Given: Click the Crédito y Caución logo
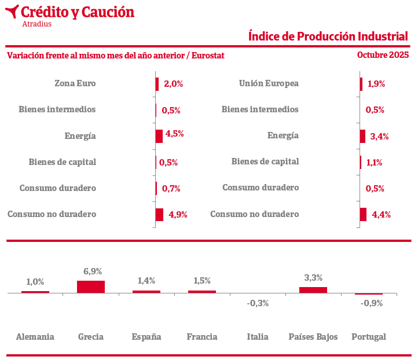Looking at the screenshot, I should [x=69, y=13].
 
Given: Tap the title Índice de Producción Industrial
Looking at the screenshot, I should [x=328, y=36].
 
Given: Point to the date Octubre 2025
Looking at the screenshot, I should [x=383, y=55].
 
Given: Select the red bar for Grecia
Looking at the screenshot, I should [x=91, y=286].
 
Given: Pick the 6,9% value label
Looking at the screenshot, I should [x=93, y=271].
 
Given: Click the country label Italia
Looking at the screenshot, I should [x=258, y=337].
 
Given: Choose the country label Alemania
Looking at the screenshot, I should [x=35, y=337].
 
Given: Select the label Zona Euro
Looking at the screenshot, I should [x=75, y=83].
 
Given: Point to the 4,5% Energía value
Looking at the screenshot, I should [x=175, y=134].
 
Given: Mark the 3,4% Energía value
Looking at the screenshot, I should [x=379, y=137].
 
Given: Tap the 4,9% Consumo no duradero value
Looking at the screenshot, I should [x=178, y=215].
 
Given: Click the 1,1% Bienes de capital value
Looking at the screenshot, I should [x=375, y=163].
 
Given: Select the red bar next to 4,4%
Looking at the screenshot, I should [x=363, y=214].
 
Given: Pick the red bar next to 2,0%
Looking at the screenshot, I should [x=157, y=84].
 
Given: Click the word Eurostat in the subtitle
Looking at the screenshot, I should [x=207, y=56].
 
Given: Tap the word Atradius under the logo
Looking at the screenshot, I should [x=36, y=24].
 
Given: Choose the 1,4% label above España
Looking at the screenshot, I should [x=146, y=281].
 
